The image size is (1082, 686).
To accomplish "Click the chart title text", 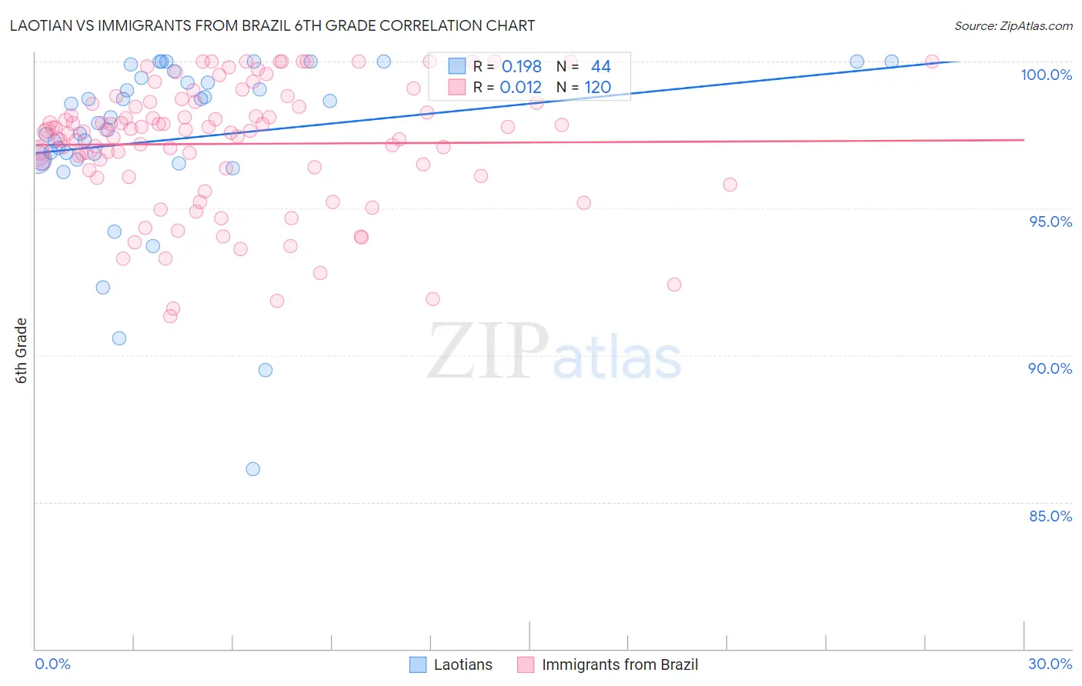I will (272, 25).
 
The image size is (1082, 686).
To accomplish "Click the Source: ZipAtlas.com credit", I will (1013, 25).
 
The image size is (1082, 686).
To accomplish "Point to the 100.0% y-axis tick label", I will (1046, 75).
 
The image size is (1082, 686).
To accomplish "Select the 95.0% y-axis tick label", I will (1050, 221).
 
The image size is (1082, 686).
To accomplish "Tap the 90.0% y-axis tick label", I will (1050, 368).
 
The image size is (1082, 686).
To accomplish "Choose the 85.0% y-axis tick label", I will (1050, 516).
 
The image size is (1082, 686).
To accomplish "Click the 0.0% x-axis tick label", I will (52, 664).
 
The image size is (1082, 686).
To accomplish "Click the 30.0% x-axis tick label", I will (1050, 664).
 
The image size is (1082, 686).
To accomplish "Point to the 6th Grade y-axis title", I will (22, 351).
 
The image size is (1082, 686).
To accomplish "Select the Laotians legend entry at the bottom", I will (451, 664).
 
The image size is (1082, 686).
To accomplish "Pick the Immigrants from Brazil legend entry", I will (608, 664).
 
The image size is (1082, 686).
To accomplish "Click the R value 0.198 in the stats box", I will (521, 67).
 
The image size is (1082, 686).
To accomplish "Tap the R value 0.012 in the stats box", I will (521, 87).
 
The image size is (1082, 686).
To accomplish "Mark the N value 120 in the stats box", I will (597, 87).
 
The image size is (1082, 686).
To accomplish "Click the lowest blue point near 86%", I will (252, 469).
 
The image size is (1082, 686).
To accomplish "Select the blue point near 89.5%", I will (265, 370).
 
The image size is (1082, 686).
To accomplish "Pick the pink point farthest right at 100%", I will (931, 62).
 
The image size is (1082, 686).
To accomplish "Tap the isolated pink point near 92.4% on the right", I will (674, 285).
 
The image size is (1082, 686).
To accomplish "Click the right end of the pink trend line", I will (1024, 140).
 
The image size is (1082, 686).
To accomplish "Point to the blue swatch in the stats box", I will (457, 67).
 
